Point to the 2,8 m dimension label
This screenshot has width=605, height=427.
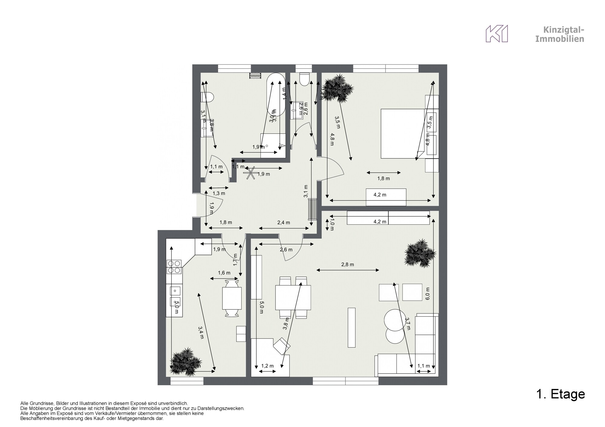click(348, 264)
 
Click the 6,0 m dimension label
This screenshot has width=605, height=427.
click(427, 293)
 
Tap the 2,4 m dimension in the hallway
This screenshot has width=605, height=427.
click(283, 222)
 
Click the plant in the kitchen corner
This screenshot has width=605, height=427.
click(185, 362)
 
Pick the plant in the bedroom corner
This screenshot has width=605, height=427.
click(337, 88)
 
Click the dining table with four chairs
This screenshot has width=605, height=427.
click(293, 298)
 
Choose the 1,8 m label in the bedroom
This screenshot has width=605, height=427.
click(383, 178)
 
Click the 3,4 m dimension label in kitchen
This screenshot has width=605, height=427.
click(201, 332)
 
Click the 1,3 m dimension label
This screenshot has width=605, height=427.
click(219, 193)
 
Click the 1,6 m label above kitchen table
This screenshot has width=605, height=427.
click(224, 273)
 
